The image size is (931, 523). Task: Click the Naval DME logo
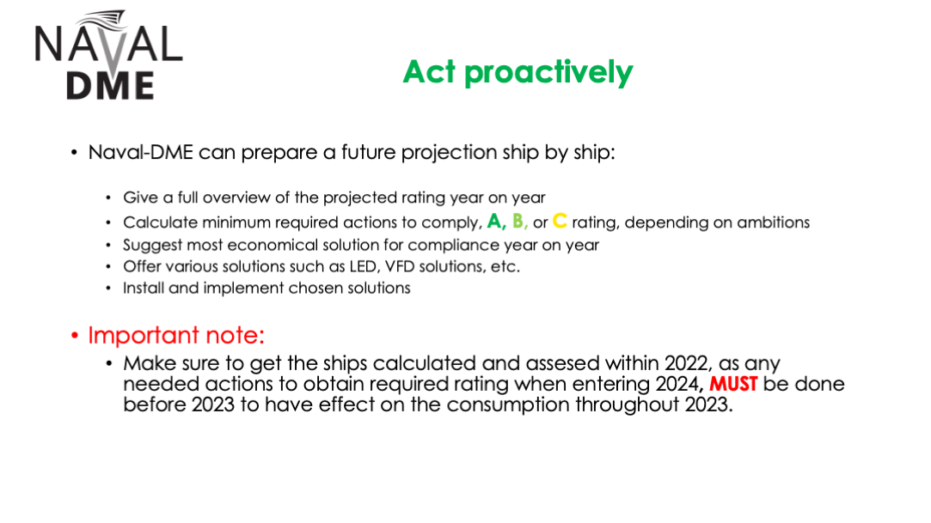tap(108, 55)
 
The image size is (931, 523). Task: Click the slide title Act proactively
tap(518, 72)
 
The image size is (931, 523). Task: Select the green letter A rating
tap(494, 222)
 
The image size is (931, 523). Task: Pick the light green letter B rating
tap(518, 222)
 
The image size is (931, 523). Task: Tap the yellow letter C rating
tap(560, 222)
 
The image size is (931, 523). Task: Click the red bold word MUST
tap(733, 384)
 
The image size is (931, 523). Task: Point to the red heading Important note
tap(175, 336)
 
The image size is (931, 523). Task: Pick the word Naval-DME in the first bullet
tap(141, 152)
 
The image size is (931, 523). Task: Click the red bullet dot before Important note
tap(74, 337)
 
